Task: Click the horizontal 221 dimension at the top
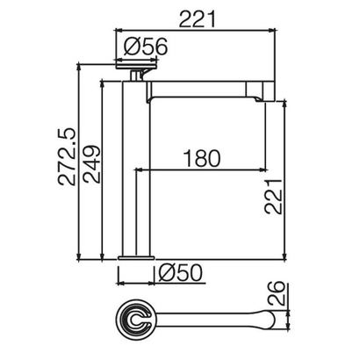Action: (198, 18)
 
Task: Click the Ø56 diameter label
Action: (146, 47)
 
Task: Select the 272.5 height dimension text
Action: (67, 156)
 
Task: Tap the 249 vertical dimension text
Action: (91, 163)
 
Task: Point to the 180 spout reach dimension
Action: (202, 159)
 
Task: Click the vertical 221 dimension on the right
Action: (274, 197)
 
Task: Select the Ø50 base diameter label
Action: (180, 273)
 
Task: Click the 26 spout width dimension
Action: (276, 293)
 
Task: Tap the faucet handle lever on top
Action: (137, 67)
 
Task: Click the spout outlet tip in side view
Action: (259, 99)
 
